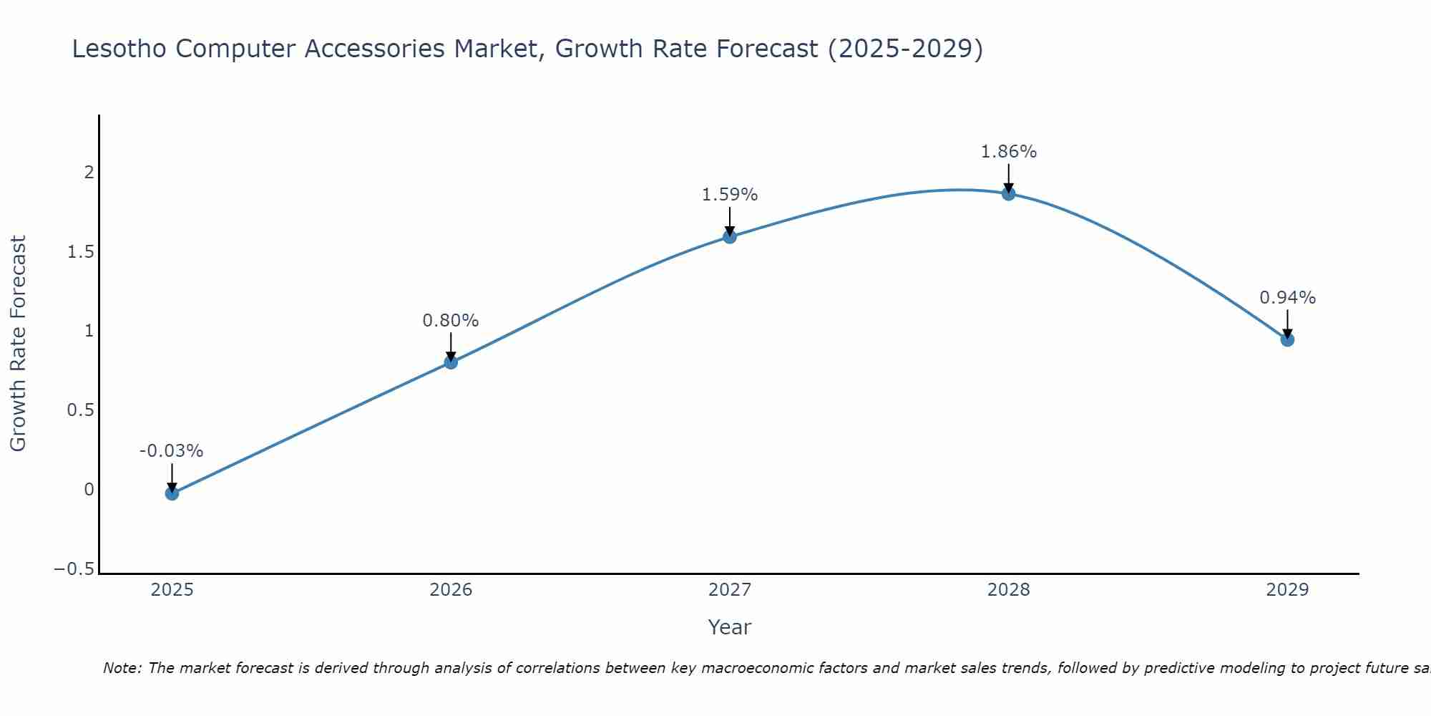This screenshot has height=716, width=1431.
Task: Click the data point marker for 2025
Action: tap(172, 493)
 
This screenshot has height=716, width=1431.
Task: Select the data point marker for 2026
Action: tap(451, 362)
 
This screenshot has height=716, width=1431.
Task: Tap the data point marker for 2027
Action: tap(730, 236)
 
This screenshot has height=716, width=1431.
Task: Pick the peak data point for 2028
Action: tap(1008, 193)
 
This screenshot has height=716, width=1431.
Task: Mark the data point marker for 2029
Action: tap(1287, 339)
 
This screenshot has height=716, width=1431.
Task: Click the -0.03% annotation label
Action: tap(172, 451)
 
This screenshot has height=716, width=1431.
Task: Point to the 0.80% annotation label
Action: tap(451, 321)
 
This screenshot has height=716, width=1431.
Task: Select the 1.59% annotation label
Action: tap(730, 195)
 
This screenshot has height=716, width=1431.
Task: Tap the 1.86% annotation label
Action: tap(1008, 152)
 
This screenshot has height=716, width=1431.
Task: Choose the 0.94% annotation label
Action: tap(1287, 298)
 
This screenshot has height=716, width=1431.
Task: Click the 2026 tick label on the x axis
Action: tap(451, 590)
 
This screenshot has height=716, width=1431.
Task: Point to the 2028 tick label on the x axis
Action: tap(1008, 590)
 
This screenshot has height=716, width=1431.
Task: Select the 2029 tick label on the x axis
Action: tap(1287, 590)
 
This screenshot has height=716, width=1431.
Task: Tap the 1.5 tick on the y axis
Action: tap(80, 252)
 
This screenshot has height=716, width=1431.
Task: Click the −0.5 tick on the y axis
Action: tap(74, 569)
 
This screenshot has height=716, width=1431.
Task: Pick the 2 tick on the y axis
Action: tap(89, 173)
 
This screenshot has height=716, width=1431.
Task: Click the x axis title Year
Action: tap(729, 628)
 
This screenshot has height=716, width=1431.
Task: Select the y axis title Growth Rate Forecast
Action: tap(18, 344)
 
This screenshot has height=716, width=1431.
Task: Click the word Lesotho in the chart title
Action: tap(119, 49)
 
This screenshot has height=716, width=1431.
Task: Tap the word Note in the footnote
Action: tap(122, 669)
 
